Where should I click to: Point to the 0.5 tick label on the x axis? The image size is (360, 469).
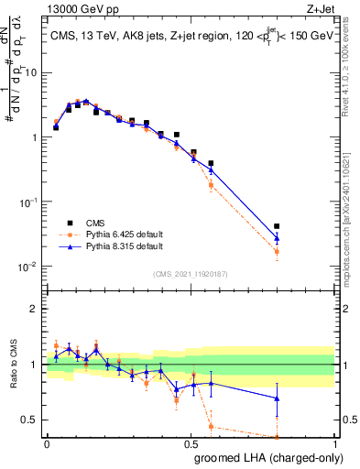191,443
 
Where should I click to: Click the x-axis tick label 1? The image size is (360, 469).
333,443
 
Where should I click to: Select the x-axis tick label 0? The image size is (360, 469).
47,443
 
